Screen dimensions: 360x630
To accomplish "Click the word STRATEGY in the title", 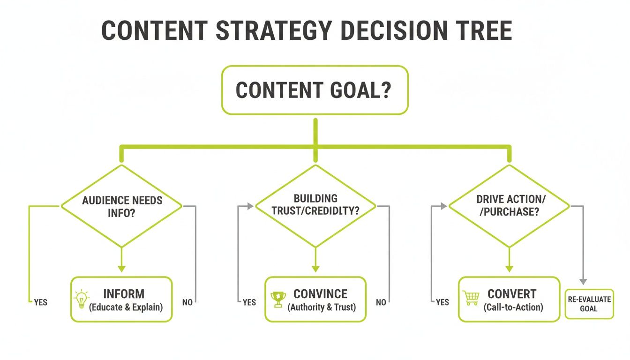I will (x=274, y=30).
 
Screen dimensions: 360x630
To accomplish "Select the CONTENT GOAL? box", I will (x=315, y=90).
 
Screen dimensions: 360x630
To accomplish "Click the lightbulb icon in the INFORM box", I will (x=82, y=299).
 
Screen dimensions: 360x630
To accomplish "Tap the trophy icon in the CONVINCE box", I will (x=278, y=299).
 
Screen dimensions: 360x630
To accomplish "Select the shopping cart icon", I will (x=471, y=298).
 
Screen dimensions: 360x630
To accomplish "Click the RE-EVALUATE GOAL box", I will (x=589, y=304).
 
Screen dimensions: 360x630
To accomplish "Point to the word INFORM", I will (x=124, y=294).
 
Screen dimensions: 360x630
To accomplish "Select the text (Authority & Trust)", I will (x=322, y=308).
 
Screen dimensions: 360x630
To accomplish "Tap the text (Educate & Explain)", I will (x=126, y=308).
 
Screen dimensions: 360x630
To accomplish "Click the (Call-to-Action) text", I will (x=513, y=308).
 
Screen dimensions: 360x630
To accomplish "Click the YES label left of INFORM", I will (x=40, y=302).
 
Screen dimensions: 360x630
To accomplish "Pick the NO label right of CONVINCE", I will (x=381, y=302).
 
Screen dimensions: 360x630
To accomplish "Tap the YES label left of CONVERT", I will (x=442, y=302).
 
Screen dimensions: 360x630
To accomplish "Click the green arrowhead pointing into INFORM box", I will (x=121, y=269).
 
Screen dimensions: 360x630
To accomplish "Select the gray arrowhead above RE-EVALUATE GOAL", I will (x=583, y=281).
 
